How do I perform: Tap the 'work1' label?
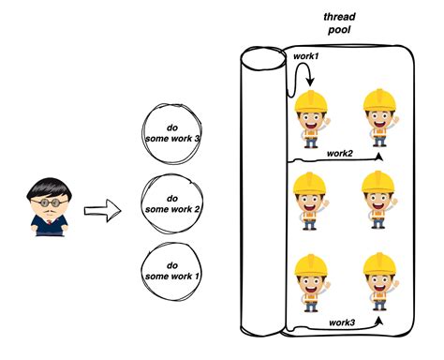(x=307, y=57)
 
